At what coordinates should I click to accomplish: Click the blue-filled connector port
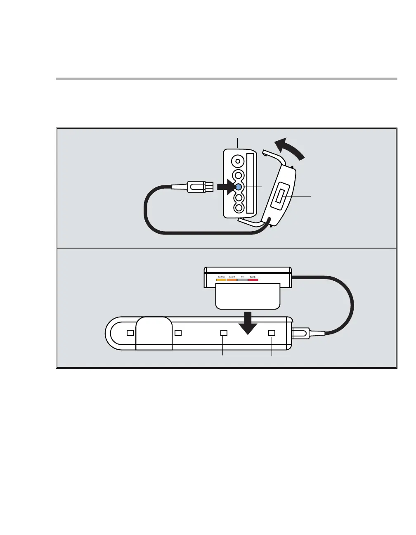click(x=238, y=187)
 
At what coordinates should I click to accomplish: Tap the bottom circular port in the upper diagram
click(x=238, y=208)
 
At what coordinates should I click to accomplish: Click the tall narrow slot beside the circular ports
click(x=250, y=183)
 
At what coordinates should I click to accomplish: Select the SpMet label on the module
click(x=221, y=276)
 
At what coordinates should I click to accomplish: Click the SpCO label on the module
click(x=232, y=276)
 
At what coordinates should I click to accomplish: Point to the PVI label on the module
click(x=243, y=276)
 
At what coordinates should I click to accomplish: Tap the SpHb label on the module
click(x=253, y=276)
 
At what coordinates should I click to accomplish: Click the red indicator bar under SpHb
click(x=253, y=280)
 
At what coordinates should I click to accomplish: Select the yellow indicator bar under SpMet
click(x=221, y=280)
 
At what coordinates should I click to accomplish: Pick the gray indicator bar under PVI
click(x=243, y=280)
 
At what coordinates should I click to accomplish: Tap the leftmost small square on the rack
click(x=130, y=333)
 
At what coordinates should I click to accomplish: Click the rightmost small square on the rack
click(x=272, y=333)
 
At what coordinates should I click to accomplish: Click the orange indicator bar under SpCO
click(x=232, y=280)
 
